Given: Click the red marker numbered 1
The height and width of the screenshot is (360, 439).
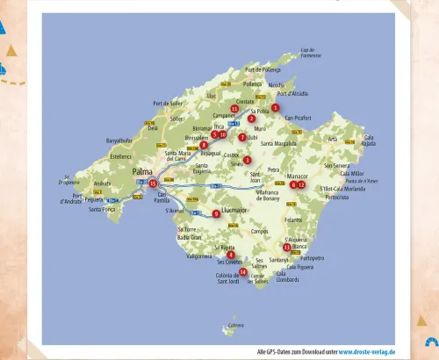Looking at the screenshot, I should (x=275, y=108).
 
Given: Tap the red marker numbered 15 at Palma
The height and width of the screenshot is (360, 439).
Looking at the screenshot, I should (x=153, y=184).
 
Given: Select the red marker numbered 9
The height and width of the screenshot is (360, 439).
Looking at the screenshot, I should (x=216, y=213).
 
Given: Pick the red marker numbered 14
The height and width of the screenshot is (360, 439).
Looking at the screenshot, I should (x=243, y=272).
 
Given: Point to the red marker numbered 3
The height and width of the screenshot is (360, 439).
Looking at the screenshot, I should (x=248, y=160).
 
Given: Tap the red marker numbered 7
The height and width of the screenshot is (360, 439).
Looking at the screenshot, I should (x=242, y=137).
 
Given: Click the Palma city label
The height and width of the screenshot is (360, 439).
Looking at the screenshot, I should (x=142, y=172).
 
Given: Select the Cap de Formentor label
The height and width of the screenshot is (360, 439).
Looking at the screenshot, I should (x=312, y=54).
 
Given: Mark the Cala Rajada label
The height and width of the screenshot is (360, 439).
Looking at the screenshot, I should (x=369, y=140).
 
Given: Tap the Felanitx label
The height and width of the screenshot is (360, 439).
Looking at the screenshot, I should (x=293, y=220).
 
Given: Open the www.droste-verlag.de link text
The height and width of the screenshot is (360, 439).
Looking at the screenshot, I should (x=367, y=351).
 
